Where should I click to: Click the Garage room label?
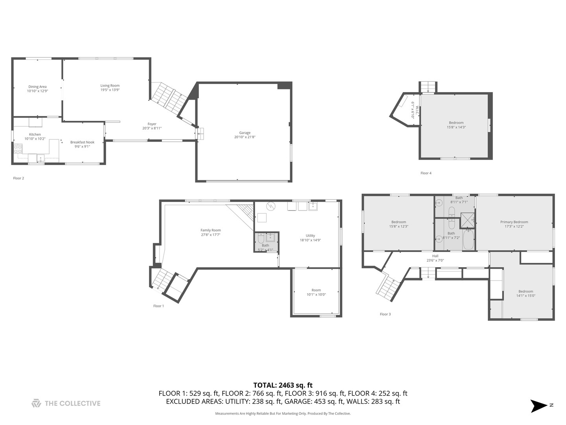tap(244, 133)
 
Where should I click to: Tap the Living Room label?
tap(110, 86)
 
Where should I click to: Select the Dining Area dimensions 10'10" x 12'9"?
tap(37, 91)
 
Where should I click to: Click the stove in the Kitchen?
tap(18, 149)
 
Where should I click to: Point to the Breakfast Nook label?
tap(82, 142)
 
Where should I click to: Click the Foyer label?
tap(152, 124)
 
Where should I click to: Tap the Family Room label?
tap(211, 230)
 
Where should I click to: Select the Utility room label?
tap(310, 236)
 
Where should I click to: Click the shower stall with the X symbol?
tap(467, 220)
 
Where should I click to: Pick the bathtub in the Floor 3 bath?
tap(468, 240)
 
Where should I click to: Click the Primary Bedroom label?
tap(514, 222)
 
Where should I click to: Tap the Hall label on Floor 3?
tap(435, 256)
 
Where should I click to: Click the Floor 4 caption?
tap(426, 173)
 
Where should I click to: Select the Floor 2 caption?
tap(18, 178)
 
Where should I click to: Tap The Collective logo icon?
tap(36, 403)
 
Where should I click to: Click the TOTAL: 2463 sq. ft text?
tap(283, 385)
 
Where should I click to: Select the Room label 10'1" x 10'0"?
tap(316, 292)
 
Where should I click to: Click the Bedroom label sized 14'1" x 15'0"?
tap(526, 294)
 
